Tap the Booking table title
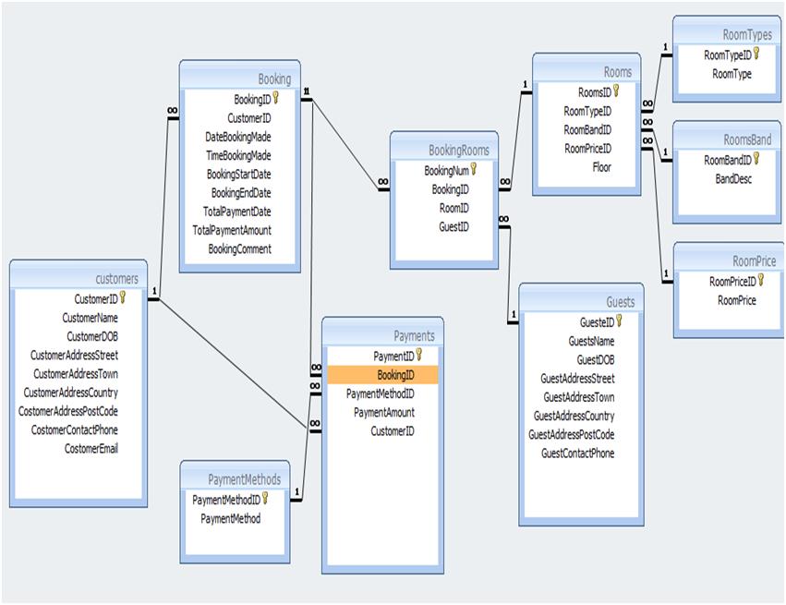point(274,79)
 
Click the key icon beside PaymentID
point(418,355)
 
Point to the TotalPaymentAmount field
point(232,230)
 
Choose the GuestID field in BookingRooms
point(453,226)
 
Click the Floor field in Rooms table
point(601,167)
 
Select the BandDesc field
point(733,178)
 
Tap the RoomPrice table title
point(754,261)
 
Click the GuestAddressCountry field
point(574,417)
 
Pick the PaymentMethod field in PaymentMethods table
point(231,518)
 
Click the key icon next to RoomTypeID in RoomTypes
point(756,54)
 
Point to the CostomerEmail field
point(91,449)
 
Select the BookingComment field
point(239,249)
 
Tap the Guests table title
point(620,302)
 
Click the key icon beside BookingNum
point(474,169)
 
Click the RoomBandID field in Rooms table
point(587,129)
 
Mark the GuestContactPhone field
point(577,454)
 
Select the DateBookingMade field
point(237,137)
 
